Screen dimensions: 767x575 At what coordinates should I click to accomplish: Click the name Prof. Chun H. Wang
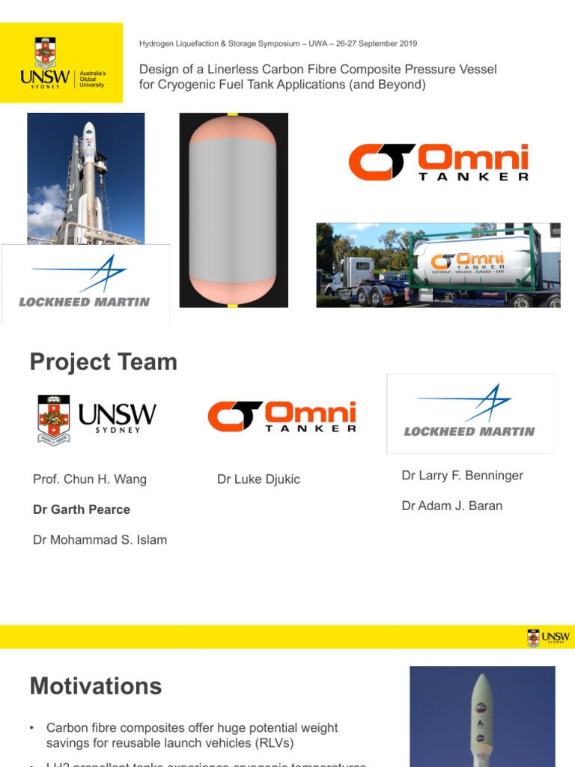89,479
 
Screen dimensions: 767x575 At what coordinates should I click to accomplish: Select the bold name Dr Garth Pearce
82,509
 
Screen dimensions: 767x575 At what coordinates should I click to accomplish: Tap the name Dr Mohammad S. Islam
100,539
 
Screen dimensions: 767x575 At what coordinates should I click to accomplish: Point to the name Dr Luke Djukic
258,479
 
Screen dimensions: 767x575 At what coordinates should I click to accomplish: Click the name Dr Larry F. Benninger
462,476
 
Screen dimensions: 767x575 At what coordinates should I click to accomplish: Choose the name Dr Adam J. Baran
451,506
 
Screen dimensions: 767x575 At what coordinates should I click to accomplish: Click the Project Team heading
103,363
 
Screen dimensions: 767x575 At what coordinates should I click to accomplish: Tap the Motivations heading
95,686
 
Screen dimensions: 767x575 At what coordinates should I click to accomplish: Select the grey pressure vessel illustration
234,210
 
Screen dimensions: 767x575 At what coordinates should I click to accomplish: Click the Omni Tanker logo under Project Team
282,416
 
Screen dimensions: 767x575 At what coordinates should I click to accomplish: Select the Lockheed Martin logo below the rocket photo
85,285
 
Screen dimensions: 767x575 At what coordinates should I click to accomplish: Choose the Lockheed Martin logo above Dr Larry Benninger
469,413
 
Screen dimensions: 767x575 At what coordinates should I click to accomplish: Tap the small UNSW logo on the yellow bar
548,637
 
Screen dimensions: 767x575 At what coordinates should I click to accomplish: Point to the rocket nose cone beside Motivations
482,689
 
